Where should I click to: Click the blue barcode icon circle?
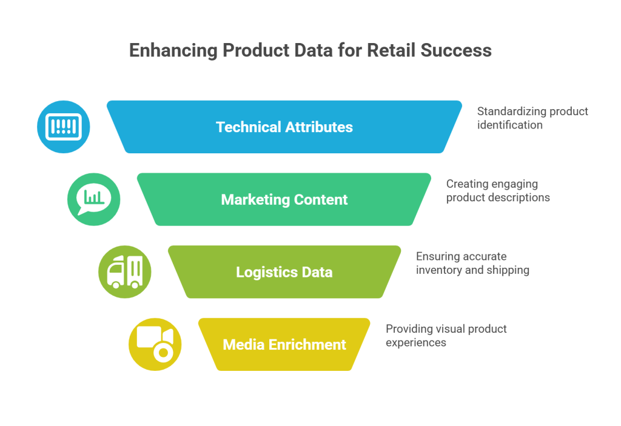(63, 127)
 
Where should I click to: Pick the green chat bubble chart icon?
(93, 199)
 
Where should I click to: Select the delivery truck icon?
(124, 271)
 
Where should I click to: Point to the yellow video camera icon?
(155, 344)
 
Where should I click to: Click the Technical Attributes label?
(284, 127)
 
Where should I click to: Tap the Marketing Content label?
(284, 199)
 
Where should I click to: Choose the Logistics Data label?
(284, 272)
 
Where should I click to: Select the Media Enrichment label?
(284, 345)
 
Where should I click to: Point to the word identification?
(509, 125)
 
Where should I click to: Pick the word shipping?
(508, 270)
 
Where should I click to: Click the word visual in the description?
(454, 329)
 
